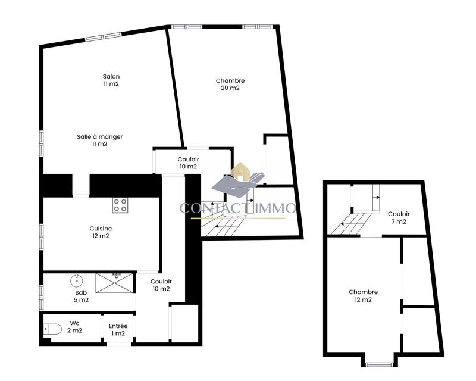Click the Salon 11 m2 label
tap(111, 80)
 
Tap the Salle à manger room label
tap(100, 140)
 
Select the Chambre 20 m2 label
tap(230, 84)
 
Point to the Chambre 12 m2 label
tap(364, 296)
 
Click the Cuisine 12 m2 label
tap(101, 232)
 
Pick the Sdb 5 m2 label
tap(82, 296)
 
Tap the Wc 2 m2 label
tap(75, 327)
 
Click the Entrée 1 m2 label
tap(118, 329)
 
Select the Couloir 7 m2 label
tap(398, 218)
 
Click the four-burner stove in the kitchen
tap(120, 205)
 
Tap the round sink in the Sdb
tap(77, 280)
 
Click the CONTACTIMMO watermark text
tap(238, 208)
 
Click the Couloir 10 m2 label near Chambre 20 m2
tap(188, 163)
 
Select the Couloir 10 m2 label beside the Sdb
tap(161, 285)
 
